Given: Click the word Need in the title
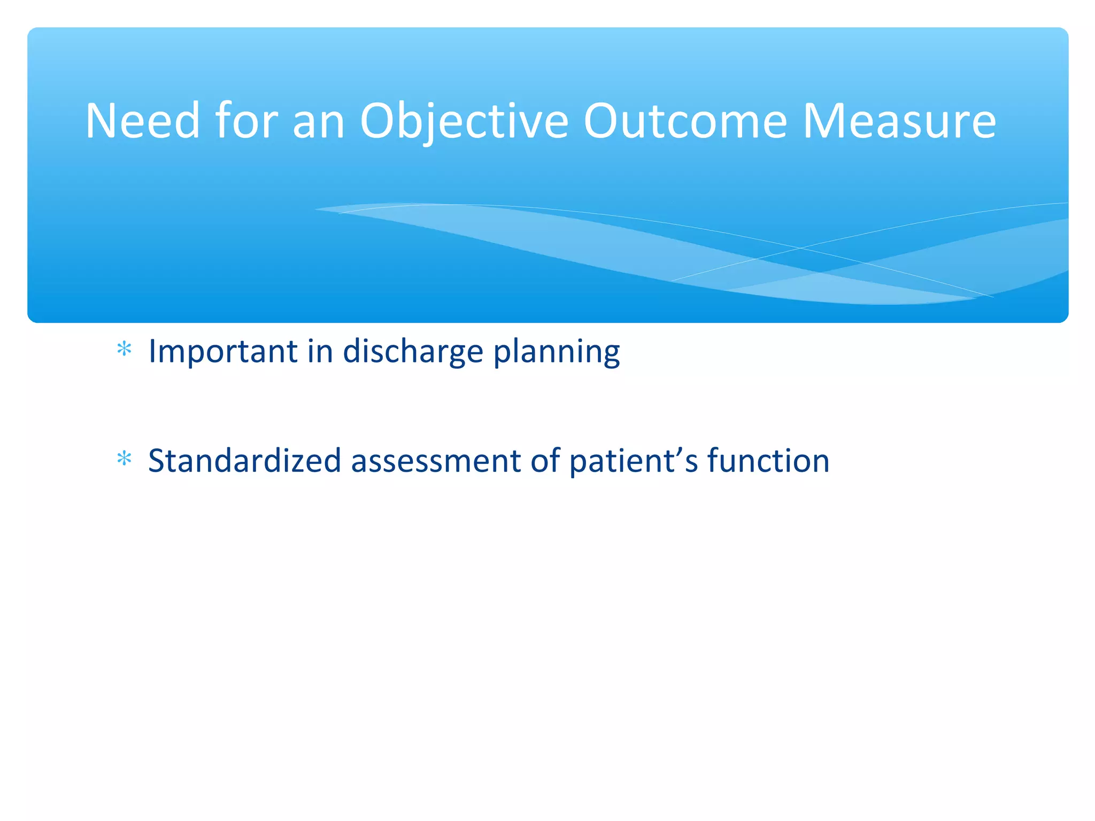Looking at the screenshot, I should coord(142,121).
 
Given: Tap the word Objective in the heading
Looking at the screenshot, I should coord(464,121).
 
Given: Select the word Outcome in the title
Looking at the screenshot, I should coord(685,121).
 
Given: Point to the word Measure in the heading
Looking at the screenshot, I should coord(899,121).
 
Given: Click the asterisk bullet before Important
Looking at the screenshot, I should coord(124,350).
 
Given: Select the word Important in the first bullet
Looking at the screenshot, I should coord(223,352).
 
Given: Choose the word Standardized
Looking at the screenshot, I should coord(244,461).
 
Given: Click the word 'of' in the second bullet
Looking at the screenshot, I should coord(545,461).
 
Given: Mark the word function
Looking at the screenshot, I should coord(768,461).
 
